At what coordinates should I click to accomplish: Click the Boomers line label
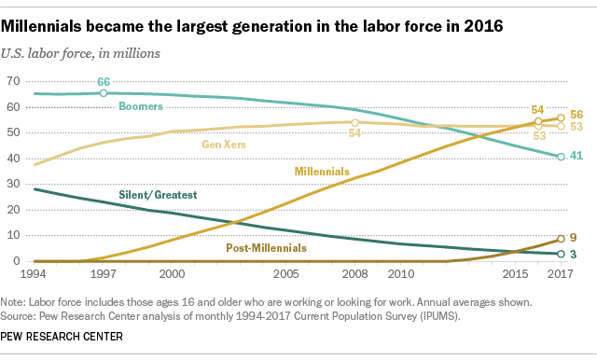pos(143,107)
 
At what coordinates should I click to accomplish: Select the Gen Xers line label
pos(225,144)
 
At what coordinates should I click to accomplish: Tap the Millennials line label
pos(323,173)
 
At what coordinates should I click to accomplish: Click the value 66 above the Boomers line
pos(104,82)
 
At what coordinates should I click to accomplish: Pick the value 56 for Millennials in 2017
pos(578,114)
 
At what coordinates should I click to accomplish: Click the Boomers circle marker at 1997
pos(103,93)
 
